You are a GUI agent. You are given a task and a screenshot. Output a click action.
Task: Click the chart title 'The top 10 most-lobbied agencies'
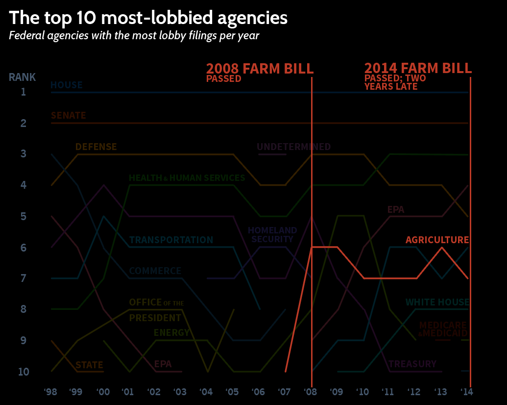coord(148,18)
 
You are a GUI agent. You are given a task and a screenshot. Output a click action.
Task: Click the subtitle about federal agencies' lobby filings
coord(134,36)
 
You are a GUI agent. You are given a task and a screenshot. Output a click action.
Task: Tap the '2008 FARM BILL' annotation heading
coord(260,68)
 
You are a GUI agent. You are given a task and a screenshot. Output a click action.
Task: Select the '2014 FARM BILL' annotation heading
coord(418,68)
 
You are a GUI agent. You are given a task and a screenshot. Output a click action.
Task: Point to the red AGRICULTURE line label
coord(437,240)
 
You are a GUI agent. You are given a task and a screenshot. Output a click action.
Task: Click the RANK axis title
coord(22,77)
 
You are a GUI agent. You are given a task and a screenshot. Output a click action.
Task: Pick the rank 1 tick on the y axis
coord(23,92)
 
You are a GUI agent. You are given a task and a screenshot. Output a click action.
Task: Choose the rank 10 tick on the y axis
coord(24,372)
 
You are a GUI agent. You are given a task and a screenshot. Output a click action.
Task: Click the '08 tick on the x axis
coord(311,392)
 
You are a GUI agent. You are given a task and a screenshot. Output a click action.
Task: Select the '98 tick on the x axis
coord(50,392)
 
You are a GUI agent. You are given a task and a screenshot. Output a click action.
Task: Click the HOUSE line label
coord(66,85)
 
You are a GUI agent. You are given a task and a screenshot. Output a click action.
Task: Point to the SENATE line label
coord(68,116)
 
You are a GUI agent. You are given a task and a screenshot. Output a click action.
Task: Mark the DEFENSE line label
coord(96,147)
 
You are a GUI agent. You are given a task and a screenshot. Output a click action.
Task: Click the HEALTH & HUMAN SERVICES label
coord(187,177)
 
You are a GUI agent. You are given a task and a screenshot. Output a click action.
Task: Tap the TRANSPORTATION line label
coord(171,240)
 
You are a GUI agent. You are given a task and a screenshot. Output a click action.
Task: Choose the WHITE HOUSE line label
coord(437,302)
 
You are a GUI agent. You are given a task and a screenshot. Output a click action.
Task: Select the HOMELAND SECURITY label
coord(272,235)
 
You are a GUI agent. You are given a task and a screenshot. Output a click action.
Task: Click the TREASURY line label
coord(412,364)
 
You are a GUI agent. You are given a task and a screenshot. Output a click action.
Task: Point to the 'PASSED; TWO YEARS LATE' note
coord(395,82)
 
